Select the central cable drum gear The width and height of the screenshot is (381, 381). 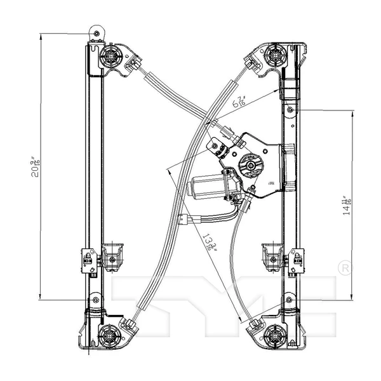[250, 166]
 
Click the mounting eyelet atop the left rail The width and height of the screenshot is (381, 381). [95, 32]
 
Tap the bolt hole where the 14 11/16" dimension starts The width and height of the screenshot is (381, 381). [290, 110]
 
